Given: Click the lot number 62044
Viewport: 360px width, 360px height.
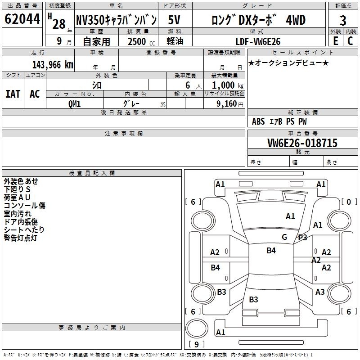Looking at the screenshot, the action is tap(22, 19).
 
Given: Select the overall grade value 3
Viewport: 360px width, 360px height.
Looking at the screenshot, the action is tap(343, 20).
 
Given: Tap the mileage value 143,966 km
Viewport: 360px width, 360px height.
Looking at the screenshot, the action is tap(53, 65).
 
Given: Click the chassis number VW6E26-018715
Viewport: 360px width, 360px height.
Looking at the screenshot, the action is tap(302, 143).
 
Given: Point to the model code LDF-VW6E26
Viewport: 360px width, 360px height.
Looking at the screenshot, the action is tap(258, 41).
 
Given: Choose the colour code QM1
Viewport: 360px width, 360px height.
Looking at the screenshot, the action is tap(74, 104).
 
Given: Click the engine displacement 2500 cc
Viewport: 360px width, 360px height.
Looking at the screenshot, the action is tap(141, 41).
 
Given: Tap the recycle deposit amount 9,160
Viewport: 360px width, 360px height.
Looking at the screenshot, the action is tap(227, 104).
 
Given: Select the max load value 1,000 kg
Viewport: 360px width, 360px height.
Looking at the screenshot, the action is tap(228, 85).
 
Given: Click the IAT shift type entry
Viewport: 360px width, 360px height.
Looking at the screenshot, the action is tap(13, 94).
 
